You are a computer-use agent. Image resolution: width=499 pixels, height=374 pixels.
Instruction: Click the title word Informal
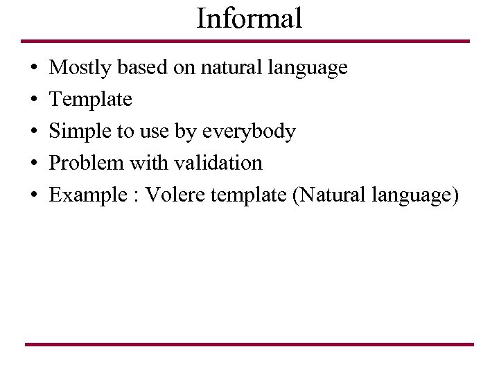(x=249, y=18)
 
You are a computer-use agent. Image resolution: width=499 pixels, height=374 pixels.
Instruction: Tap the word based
(x=139, y=68)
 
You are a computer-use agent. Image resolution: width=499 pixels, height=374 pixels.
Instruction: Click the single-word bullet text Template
(x=91, y=100)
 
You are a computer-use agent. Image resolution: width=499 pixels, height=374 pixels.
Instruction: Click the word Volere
(x=177, y=195)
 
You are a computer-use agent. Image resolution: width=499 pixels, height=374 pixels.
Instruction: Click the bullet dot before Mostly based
(x=34, y=69)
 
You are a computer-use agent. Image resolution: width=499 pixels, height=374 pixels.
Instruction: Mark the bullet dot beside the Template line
(x=34, y=100)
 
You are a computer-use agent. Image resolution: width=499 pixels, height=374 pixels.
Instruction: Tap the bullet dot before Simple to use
(x=34, y=132)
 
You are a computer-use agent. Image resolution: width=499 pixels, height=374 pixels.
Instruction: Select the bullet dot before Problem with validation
(x=34, y=164)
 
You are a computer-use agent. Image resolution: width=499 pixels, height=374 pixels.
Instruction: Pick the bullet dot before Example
(x=34, y=196)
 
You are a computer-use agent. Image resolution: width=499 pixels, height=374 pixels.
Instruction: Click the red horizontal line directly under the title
(x=245, y=41)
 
